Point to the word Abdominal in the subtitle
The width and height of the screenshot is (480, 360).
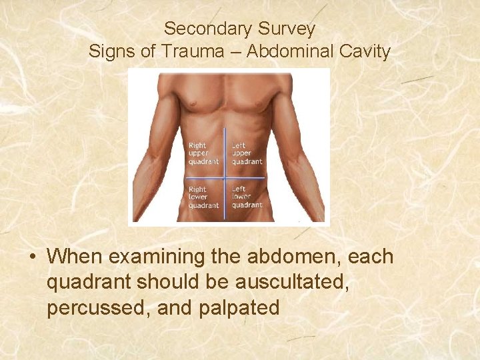pos(290,51)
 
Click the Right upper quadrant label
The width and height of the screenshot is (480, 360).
pos(203,153)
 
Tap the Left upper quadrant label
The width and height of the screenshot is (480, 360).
pos(247,153)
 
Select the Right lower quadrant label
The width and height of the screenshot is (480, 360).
pos(203,197)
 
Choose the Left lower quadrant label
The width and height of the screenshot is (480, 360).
pos(247,197)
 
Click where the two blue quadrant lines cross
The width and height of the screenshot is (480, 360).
pos(225,178)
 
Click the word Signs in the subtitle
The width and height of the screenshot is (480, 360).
pos(111,51)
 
